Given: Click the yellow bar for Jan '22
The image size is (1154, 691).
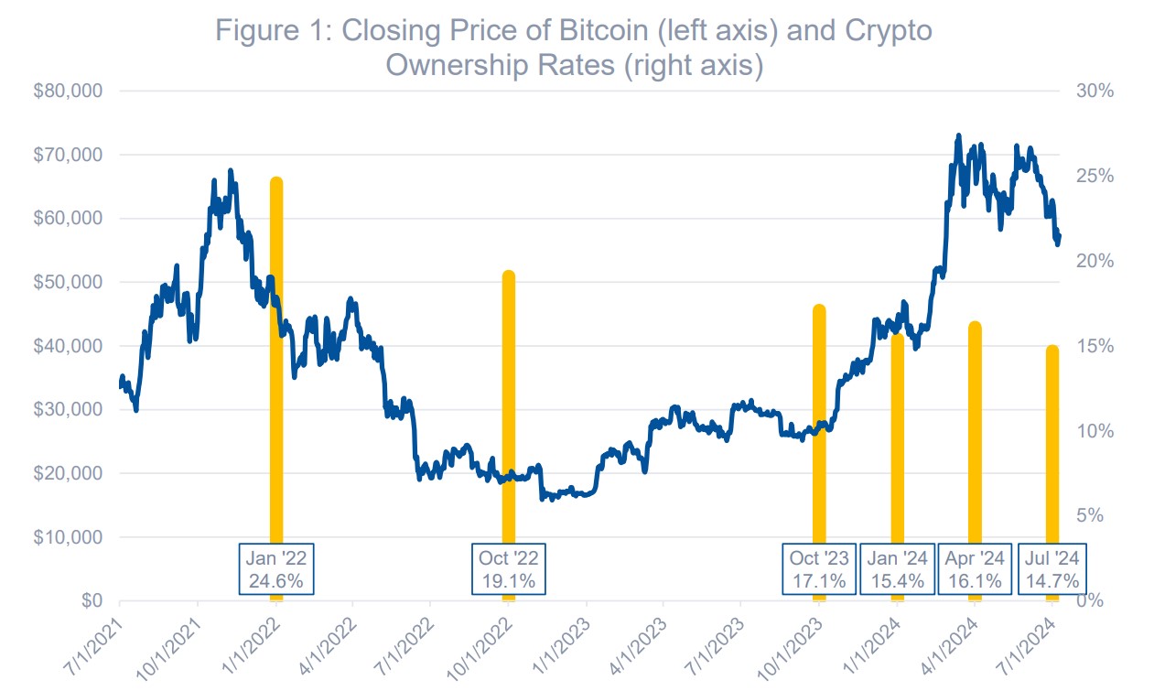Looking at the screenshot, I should [x=276, y=366].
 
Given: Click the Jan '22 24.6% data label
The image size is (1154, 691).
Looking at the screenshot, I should [x=276, y=569].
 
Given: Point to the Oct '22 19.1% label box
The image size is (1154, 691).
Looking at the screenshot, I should [x=509, y=569].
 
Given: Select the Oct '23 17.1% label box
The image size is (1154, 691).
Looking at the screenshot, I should [x=819, y=569].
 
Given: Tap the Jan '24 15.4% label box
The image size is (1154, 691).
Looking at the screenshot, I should [x=897, y=569].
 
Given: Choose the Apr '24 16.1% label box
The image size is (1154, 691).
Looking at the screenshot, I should [x=975, y=569].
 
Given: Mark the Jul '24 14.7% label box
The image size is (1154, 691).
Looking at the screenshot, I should [x=1052, y=569].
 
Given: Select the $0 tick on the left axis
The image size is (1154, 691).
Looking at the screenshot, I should [x=90, y=601].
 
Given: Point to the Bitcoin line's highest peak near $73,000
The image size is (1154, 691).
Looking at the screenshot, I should [x=958, y=136].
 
